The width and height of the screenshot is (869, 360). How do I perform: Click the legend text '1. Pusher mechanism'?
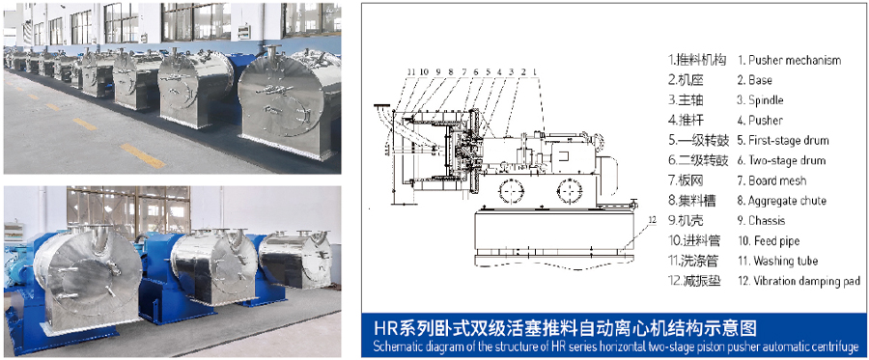[789, 61]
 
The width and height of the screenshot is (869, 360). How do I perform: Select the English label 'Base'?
[760, 80]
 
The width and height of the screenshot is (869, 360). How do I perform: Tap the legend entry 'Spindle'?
[766, 100]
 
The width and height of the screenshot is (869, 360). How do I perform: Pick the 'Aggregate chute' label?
[787, 201]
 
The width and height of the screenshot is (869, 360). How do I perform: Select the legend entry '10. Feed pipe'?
[769, 241]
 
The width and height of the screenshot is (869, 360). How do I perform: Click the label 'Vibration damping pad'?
[806, 281]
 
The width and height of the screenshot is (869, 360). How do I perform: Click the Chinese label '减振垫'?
[702, 281]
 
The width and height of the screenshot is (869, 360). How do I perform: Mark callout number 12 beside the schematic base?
[652, 220]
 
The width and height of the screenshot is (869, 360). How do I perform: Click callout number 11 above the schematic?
[410, 71]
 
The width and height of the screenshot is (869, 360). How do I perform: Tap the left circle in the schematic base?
[510, 192]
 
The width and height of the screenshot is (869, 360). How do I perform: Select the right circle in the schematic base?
[569, 192]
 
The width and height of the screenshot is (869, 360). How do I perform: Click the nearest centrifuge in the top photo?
[290, 102]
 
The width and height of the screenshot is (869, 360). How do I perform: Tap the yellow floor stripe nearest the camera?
[142, 155]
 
